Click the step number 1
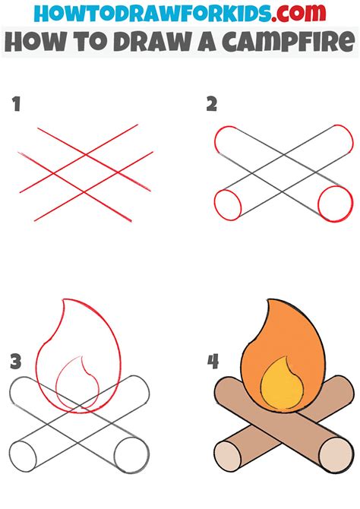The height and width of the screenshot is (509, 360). pyautogui.click(x=16, y=105)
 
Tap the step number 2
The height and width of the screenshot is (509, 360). pyautogui.click(x=212, y=105)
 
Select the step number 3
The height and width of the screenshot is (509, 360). pyautogui.click(x=16, y=362)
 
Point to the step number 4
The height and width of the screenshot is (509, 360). pyautogui.click(x=213, y=362)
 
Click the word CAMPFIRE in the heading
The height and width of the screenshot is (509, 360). pyautogui.click(x=288, y=41)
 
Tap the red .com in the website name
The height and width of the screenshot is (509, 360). pyautogui.click(x=298, y=13)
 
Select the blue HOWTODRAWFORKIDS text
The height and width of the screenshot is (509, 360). pyautogui.click(x=153, y=13)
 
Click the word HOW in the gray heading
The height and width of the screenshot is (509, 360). pyautogui.click(x=35, y=41)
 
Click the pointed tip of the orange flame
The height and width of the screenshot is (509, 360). pyautogui.click(x=267, y=299)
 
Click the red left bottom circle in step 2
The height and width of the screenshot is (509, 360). pyautogui.click(x=228, y=205)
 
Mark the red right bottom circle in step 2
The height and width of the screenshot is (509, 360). pyautogui.click(x=335, y=204)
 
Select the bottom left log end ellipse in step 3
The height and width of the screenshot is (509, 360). pyautogui.click(x=23, y=457)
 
